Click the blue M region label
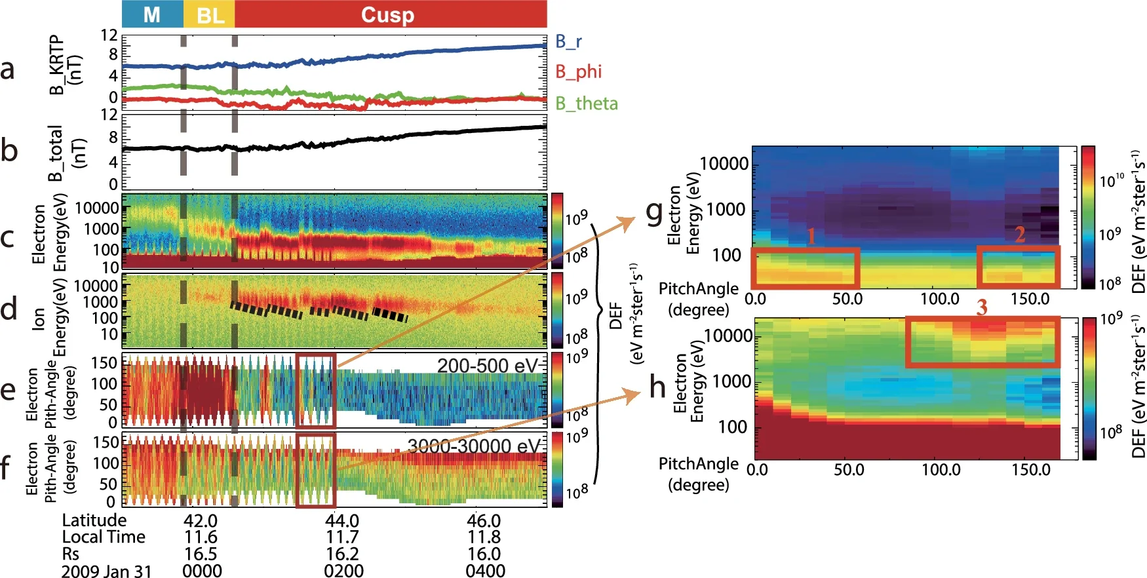151,14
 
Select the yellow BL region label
210,14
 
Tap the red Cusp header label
387,14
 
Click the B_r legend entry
568,42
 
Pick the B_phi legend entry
578,71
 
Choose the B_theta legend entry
586,104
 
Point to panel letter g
655,211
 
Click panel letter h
657,387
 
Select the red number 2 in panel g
1020,235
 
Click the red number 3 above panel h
981,307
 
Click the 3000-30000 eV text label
473,446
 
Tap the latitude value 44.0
342,521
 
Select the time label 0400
485,571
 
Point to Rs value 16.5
200,554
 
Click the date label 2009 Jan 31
106,571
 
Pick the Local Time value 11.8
484,537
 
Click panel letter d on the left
9,309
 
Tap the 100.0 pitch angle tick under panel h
941,470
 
